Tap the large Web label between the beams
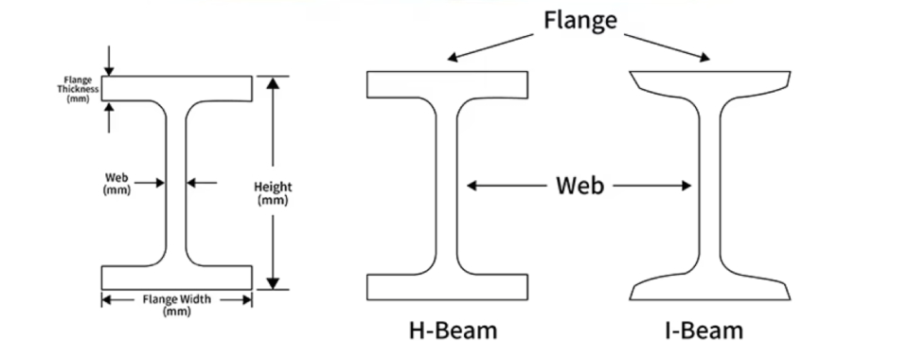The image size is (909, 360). [x=579, y=186]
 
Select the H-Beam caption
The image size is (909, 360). [x=453, y=330]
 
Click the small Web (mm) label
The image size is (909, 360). [x=116, y=183]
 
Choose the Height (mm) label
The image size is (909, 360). [x=274, y=193]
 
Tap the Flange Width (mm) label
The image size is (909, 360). [x=177, y=305]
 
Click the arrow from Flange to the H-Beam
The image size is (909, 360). [x=493, y=46]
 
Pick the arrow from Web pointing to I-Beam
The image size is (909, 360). [x=653, y=187]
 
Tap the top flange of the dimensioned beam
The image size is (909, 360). [x=177, y=88]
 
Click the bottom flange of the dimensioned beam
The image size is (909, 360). [x=177, y=277]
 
